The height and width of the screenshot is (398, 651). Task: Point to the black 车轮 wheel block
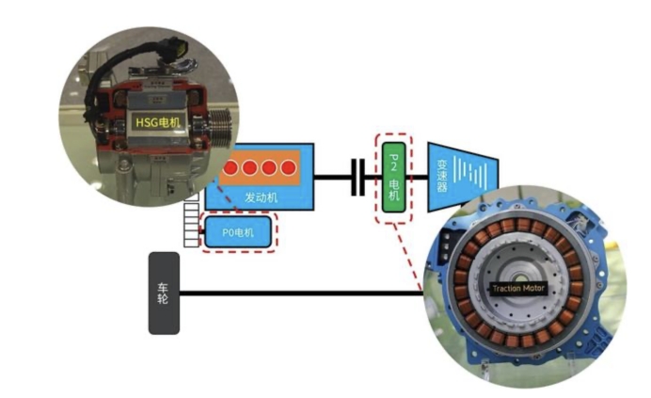pos(164,293)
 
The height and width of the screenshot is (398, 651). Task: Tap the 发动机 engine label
pos(261,199)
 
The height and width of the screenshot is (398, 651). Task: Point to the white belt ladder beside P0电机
pos(196,227)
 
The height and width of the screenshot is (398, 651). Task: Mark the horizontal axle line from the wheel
pos(301,294)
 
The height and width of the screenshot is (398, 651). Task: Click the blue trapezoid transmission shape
pos(461,176)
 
